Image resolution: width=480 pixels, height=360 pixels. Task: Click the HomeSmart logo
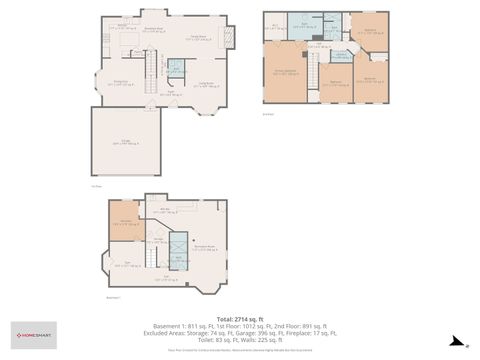pyautogui.click(x=34, y=335)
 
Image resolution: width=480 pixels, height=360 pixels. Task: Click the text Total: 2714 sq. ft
pyautogui.click(x=239, y=319)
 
